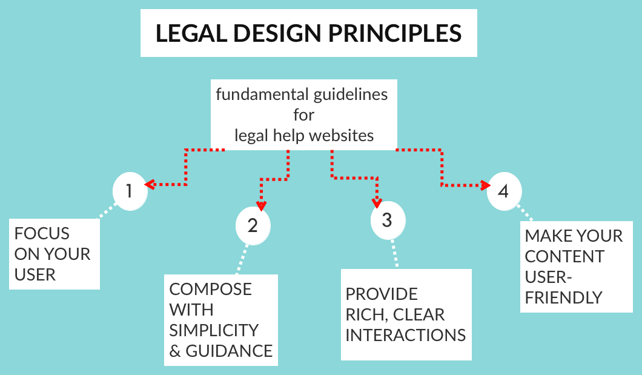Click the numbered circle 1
(130, 191)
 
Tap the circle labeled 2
(253, 225)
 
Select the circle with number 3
(388, 221)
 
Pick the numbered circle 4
(505, 191)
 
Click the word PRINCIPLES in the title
(395, 33)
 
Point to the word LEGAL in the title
(191, 33)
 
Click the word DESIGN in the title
(277, 33)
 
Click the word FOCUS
(42, 234)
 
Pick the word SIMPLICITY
(214, 330)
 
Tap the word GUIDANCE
(229, 351)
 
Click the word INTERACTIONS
(406, 335)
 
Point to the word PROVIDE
(382, 294)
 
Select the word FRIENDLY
(564, 297)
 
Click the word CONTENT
(564, 257)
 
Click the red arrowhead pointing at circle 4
(486, 185)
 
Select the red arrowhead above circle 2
(262, 206)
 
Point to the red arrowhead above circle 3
(377, 203)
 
